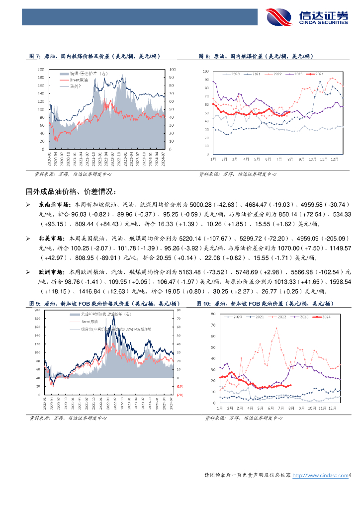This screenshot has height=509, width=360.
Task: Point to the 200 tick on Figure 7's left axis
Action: coord(41,70)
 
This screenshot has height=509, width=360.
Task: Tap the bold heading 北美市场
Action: coord(49,238)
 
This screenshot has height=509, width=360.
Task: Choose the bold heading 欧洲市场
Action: coord(49,272)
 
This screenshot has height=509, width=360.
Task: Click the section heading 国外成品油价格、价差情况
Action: coord(72,191)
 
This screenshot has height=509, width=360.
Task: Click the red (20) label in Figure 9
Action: coord(180,395)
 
